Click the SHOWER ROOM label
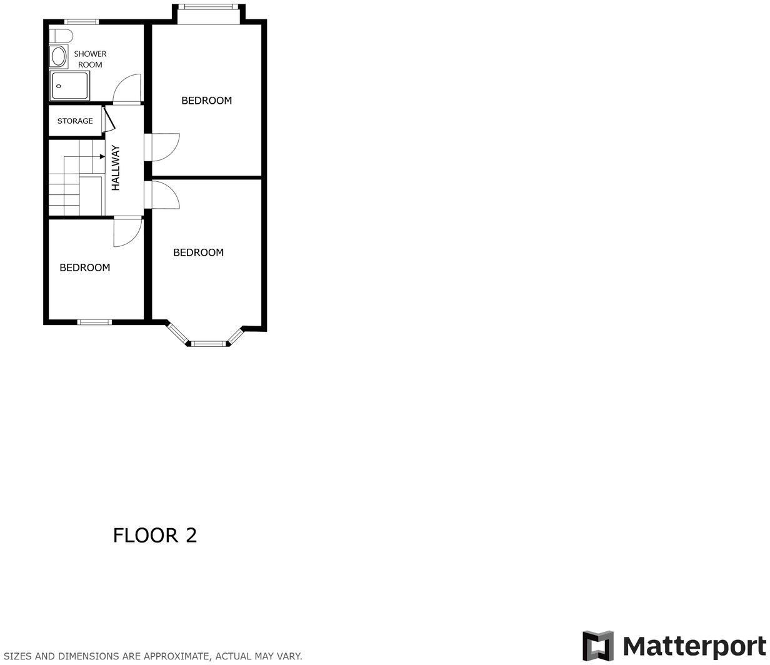click(90, 59)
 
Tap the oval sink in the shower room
click(59, 57)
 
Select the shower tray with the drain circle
click(70, 85)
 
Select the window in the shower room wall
click(81, 22)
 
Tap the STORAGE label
click(75, 121)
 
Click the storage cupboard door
click(107, 119)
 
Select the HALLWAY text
click(116, 167)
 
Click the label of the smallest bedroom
click(84, 267)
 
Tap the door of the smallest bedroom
click(127, 231)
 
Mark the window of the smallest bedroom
click(94, 322)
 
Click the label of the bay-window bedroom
click(198, 252)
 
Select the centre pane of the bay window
click(208, 343)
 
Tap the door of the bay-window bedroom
click(164, 194)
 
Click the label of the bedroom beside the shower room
click(206, 101)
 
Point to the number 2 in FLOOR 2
click(191, 536)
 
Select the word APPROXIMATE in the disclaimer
click(177, 656)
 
